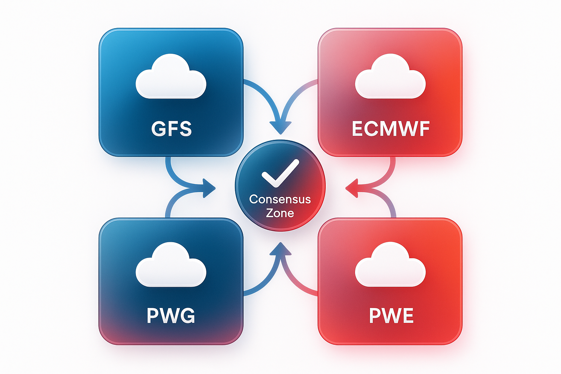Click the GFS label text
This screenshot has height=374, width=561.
[171, 129]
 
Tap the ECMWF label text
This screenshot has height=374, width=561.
[390, 129]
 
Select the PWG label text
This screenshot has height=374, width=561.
[171, 316]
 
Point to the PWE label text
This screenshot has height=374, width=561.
[391, 316]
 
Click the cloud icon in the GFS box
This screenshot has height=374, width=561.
[171, 77]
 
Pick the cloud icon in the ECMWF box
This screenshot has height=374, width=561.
[390, 77]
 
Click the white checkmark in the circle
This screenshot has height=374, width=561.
[280, 173]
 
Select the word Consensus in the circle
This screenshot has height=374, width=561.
[280, 199]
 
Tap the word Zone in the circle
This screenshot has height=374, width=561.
[280, 213]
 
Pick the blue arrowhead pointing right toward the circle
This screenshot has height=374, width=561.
[209, 188]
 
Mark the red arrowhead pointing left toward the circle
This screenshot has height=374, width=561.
[351, 188]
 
